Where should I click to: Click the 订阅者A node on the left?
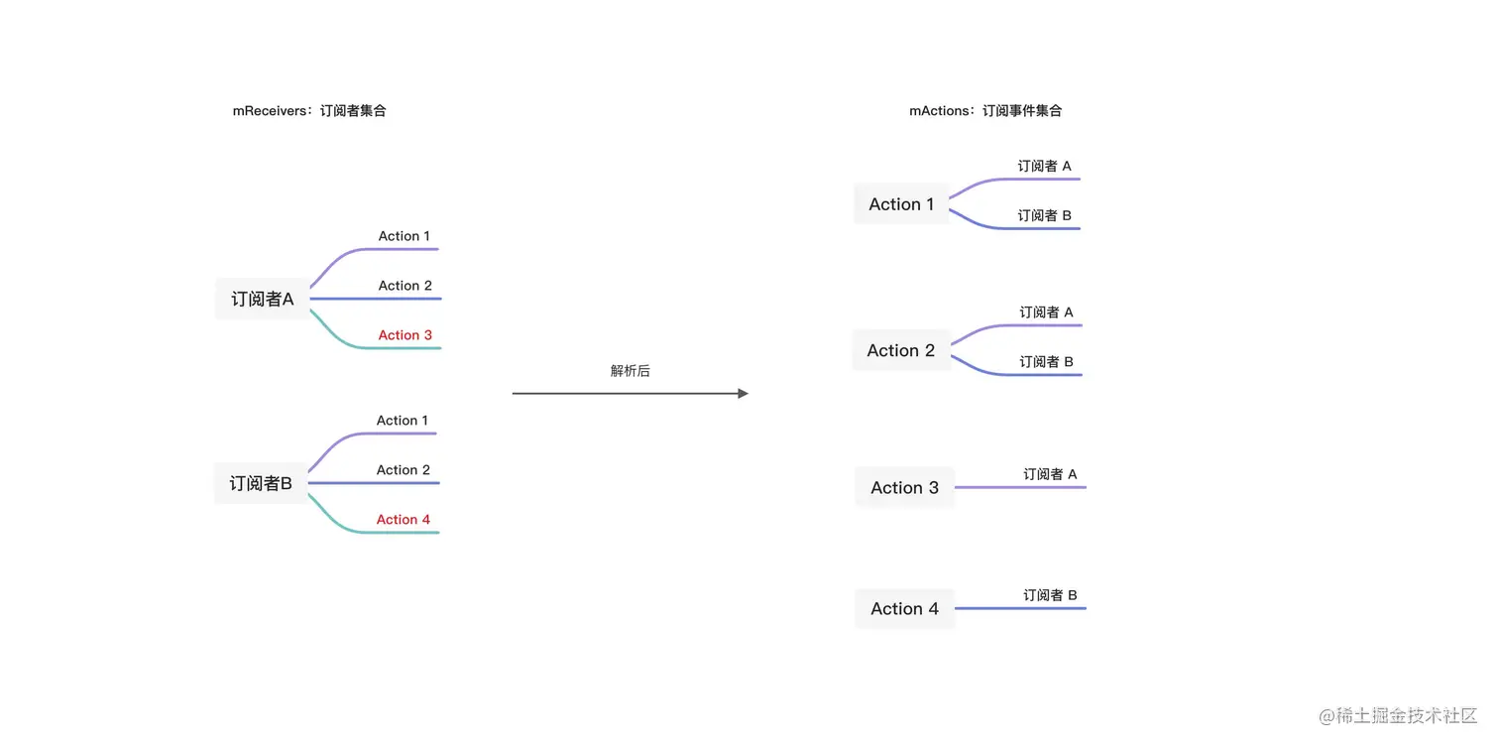pos(263,299)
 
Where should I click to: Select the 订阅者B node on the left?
pos(261,483)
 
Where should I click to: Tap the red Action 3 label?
pos(404,335)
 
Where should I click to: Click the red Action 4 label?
pos(403,520)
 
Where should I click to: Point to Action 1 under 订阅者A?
pos(404,236)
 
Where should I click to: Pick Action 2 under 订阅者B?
pos(403,470)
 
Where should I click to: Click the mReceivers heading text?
pos(309,111)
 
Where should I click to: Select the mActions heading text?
pos(985,111)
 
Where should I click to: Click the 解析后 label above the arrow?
pos(630,371)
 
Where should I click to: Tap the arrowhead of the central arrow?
pos(743,394)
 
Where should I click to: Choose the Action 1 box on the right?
pos(901,204)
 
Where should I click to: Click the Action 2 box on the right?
pos(900,350)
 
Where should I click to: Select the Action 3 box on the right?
pos(904,487)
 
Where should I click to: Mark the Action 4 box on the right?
pos(904,609)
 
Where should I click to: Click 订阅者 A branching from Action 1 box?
pos(1044,167)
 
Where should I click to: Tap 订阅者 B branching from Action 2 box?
pos(1046,362)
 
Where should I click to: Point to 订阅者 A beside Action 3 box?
pos(1050,475)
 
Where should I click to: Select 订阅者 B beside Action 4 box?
pos(1050,595)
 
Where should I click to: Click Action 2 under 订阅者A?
pos(404,286)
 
